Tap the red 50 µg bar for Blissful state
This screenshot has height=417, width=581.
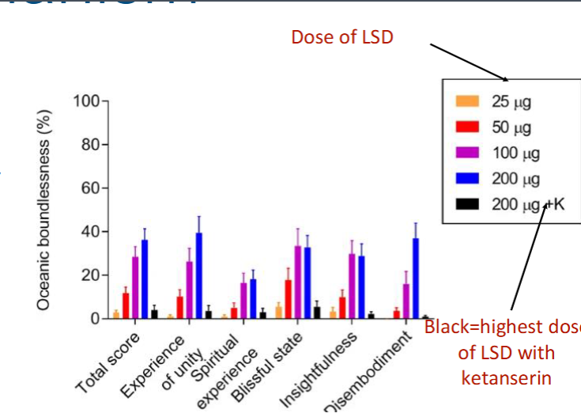tap(289, 300)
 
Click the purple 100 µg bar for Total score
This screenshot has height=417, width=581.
tap(135, 288)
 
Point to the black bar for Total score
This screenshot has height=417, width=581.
tap(154, 314)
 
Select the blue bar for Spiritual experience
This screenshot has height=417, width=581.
tap(253, 299)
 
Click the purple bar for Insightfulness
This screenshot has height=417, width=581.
tap(352, 286)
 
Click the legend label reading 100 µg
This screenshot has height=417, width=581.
tap(511, 153)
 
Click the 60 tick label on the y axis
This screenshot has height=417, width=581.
tap(89, 188)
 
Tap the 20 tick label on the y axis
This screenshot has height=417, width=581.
tap(89, 275)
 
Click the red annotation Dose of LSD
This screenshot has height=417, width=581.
tap(341, 37)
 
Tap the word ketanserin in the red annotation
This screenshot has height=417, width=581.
tap(506, 378)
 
